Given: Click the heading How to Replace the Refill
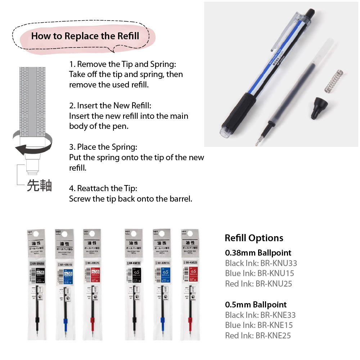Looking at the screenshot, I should [85, 36].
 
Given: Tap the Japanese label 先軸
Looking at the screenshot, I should [39, 185].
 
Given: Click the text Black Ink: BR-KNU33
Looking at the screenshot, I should [261, 263].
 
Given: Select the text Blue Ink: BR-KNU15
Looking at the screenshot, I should [259, 273].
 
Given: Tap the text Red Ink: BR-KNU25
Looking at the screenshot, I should [258, 284].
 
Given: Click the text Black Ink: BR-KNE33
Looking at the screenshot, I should [260, 315].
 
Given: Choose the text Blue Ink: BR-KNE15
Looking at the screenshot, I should [259, 325].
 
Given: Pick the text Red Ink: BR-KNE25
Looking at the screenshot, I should [258, 336].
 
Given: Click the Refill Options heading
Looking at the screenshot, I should [254, 238].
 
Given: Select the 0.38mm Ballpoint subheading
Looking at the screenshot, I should [258, 253].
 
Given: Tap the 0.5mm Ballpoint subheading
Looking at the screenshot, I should [256, 305].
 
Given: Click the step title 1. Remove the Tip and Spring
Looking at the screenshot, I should [123, 64].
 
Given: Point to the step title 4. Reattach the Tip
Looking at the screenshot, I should [103, 188].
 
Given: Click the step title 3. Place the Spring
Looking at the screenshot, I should [103, 147].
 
